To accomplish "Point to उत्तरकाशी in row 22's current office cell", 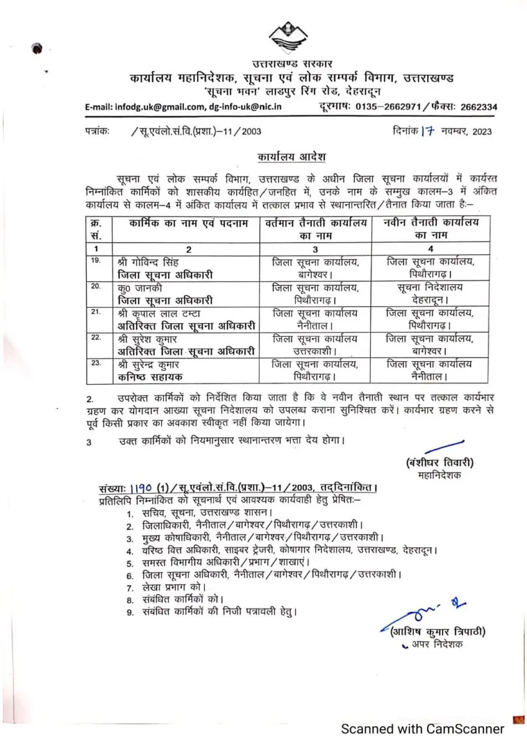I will pyautogui.click(x=314, y=351).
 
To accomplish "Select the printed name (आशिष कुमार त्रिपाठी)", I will pyautogui.click(x=438, y=632).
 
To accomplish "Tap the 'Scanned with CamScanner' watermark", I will pyautogui.click(x=422, y=729).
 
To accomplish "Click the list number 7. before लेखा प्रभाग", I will pyautogui.click(x=129, y=587).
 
